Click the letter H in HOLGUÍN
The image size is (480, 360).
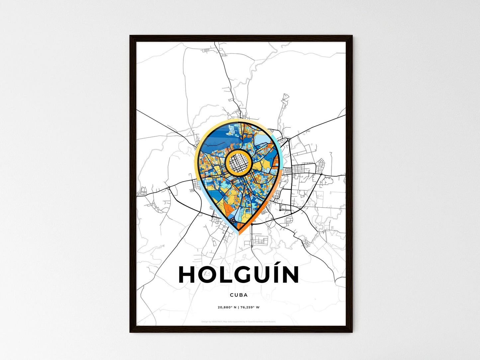pyautogui.click(x=187, y=275)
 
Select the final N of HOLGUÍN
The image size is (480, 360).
pyautogui.click(x=291, y=275)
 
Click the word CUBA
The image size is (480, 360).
pyautogui.click(x=239, y=295)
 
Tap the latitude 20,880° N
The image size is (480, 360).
pyautogui.click(x=227, y=307)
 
